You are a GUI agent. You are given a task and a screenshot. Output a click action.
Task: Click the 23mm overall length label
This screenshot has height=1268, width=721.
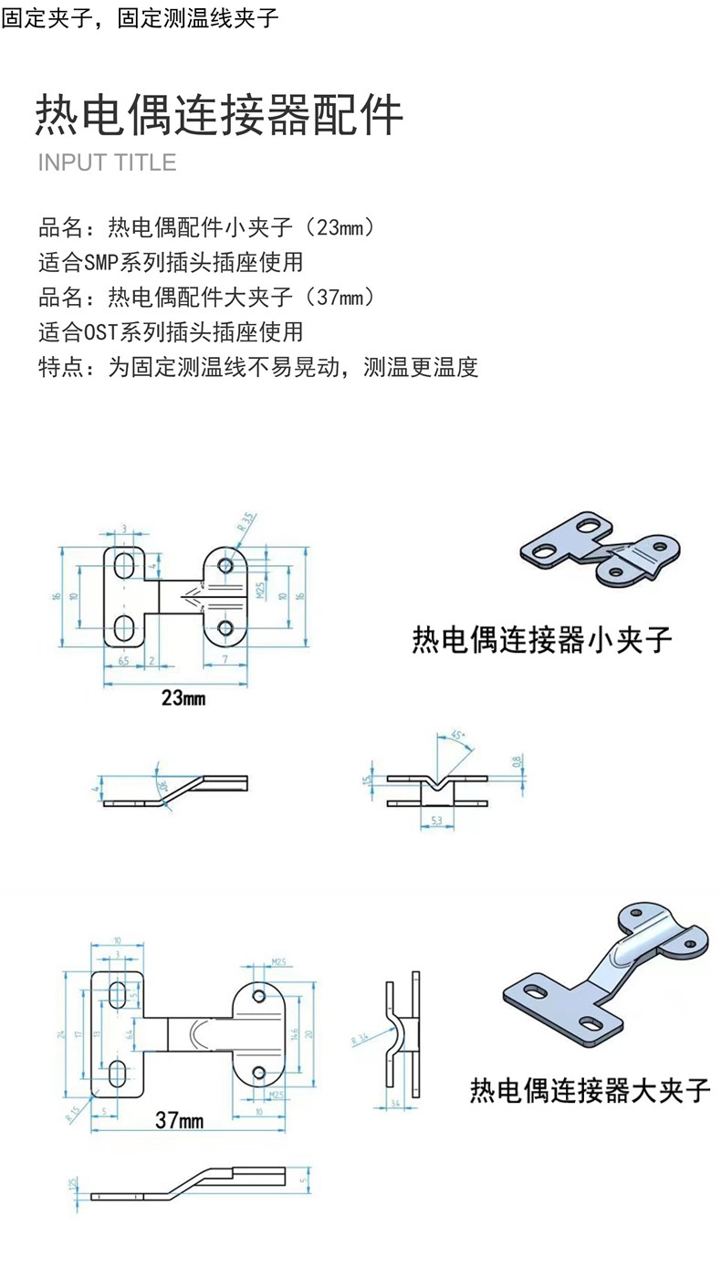coord(183,699)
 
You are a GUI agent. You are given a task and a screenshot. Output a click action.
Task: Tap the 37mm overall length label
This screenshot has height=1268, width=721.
coord(179,1120)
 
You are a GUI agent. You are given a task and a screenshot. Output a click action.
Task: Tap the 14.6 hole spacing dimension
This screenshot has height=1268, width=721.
coord(295,1034)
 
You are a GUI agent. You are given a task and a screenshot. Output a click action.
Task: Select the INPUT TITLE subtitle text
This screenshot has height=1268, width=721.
coord(107,162)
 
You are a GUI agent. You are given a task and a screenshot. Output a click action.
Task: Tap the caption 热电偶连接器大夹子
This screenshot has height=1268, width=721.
coord(590,1090)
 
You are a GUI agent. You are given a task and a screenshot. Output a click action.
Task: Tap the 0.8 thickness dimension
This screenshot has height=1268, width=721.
coord(517,760)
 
